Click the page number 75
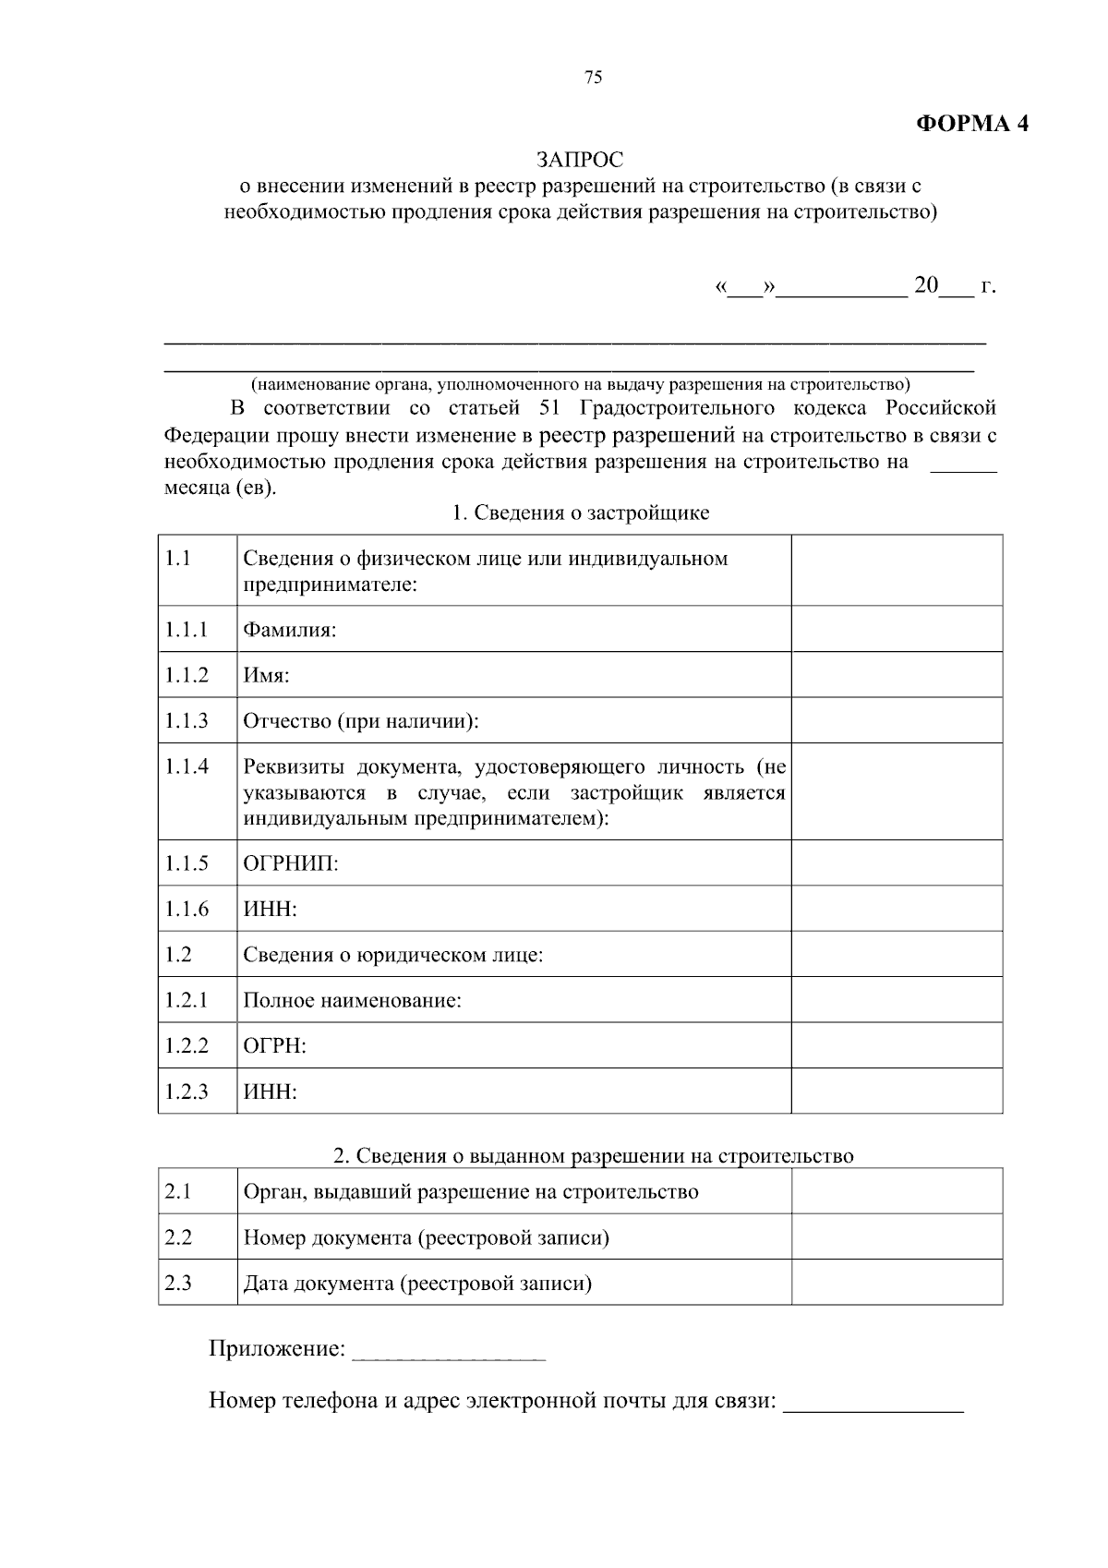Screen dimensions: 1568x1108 coord(594,78)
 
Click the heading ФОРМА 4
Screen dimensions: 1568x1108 coord(971,124)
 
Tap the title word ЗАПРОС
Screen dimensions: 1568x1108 coord(581,160)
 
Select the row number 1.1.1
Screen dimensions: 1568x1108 coord(187,630)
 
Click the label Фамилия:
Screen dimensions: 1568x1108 coord(289,631)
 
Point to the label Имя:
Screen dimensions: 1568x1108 coord(266,676)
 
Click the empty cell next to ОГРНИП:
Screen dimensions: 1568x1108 coord(897,863)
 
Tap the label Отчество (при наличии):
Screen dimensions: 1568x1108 coord(361,721)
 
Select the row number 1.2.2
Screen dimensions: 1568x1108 coord(187,1045)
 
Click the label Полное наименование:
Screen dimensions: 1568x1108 coord(352,1000)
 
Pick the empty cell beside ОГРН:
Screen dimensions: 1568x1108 coord(897,1045)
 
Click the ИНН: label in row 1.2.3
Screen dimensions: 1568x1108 coord(270,1092)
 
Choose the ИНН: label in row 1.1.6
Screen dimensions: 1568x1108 coord(270,910)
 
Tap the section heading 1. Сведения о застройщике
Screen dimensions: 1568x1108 coord(580,513)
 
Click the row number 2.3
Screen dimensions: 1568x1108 coord(178,1283)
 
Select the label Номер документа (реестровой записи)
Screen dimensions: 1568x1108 coord(426,1237)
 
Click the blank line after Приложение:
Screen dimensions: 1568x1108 coord(450,1351)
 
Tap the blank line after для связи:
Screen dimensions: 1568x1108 coord(873,1403)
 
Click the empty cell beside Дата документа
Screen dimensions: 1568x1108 coord(897,1283)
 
